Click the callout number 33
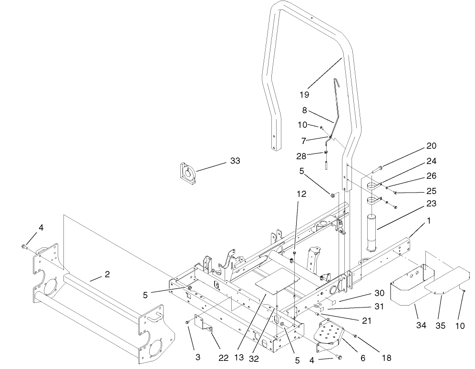tap(235, 161)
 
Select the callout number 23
tap(432, 204)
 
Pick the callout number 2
tap(107, 274)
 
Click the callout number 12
tap(301, 194)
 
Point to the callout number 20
tap(431, 146)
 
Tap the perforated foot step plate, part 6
tap(329, 332)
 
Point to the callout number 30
tap(379, 294)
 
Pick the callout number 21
tap(366, 321)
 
